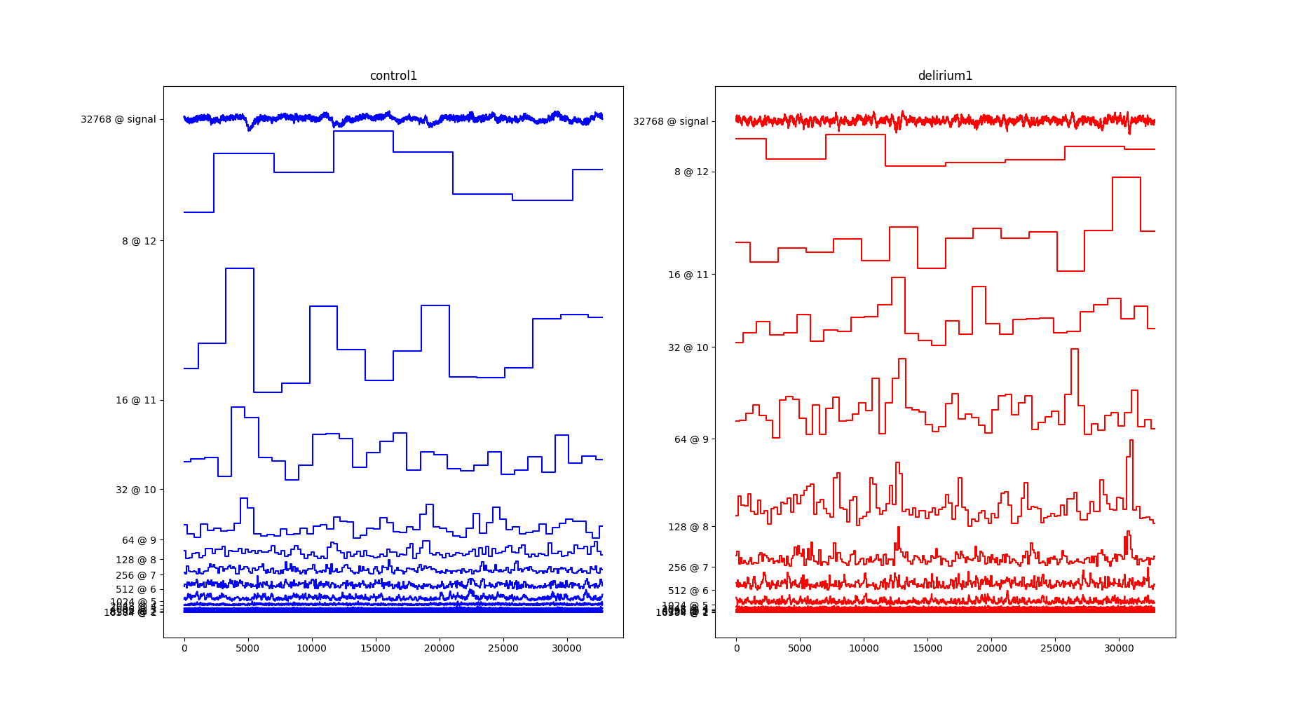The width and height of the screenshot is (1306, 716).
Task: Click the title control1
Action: [393, 76]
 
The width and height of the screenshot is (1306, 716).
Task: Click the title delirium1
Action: [945, 76]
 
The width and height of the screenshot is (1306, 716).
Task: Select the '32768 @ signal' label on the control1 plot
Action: [118, 119]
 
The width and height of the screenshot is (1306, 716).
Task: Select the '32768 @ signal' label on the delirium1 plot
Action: [670, 121]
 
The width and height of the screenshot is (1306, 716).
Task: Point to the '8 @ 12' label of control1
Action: [139, 241]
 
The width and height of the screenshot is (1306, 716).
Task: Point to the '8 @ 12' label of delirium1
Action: [691, 172]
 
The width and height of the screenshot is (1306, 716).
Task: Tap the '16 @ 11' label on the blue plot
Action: [136, 400]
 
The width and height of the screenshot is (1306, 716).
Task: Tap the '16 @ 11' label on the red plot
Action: [688, 275]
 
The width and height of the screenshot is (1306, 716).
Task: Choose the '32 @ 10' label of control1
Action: [136, 490]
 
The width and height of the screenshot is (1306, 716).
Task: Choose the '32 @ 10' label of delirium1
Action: [688, 347]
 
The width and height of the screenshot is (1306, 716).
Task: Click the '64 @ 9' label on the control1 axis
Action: [139, 540]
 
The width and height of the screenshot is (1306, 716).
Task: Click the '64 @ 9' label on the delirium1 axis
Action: [691, 439]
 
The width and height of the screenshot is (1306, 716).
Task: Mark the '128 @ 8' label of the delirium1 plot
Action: [688, 527]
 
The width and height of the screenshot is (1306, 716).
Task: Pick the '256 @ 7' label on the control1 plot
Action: [136, 575]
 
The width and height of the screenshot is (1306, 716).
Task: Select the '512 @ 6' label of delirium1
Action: [688, 591]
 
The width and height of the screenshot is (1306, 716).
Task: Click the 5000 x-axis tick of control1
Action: [247, 648]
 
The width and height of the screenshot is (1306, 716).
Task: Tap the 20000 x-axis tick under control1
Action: [439, 648]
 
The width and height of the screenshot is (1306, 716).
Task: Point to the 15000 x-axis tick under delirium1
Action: [927, 648]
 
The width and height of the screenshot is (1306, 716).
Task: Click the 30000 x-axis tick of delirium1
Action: [1119, 648]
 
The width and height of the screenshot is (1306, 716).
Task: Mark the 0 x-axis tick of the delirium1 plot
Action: [736, 648]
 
